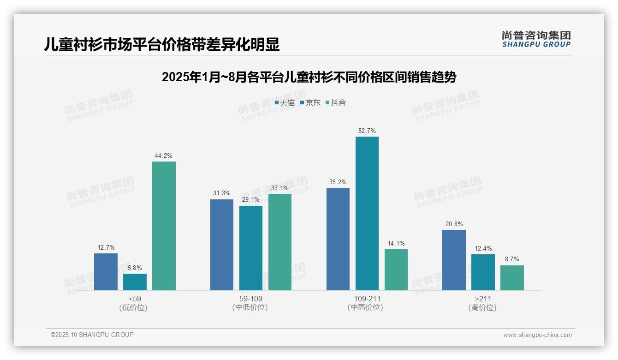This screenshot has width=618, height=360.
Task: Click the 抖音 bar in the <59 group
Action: click(164, 226)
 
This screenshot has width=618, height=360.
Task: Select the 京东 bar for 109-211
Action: click(367, 213)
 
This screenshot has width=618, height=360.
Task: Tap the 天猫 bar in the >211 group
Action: click(454, 260)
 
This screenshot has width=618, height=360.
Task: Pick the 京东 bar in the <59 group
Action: click(135, 282)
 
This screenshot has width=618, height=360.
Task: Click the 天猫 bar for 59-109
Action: click(222, 245)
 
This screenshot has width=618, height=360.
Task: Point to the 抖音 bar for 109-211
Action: click(396, 270)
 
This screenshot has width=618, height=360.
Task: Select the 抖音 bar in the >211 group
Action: click(512, 278)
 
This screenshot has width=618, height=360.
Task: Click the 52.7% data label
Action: click(367, 131)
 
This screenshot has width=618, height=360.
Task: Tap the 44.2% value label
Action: click(164, 156)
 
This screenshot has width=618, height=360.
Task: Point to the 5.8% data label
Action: click(135, 268)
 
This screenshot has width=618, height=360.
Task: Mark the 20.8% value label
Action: click(454, 224)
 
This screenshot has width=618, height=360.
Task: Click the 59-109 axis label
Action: click(250, 299)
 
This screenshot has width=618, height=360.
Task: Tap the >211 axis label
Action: click(482, 299)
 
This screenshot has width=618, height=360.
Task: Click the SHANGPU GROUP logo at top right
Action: click(536, 39)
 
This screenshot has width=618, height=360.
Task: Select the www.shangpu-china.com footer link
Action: click(537, 335)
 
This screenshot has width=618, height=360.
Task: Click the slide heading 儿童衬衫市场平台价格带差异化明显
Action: click(162, 45)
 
